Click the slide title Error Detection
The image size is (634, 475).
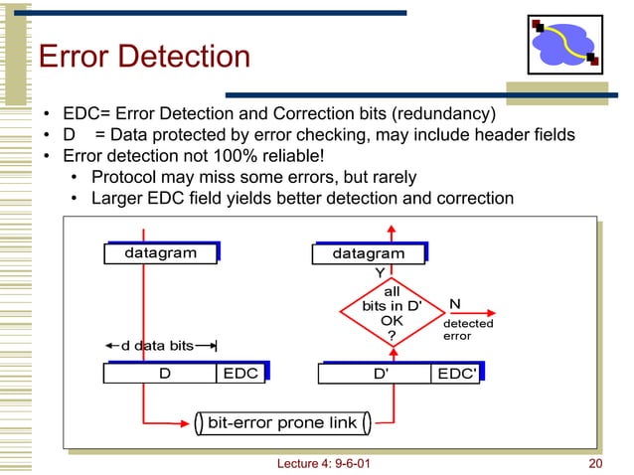(x=144, y=57)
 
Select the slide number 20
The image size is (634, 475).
(x=596, y=464)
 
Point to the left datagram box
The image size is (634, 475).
(x=160, y=253)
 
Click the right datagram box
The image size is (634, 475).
(x=369, y=253)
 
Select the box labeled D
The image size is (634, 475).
(x=160, y=374)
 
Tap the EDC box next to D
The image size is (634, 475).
(x=241, y=374)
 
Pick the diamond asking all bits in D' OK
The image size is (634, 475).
(x=392, y=312)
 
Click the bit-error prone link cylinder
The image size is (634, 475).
(x=282, y=423)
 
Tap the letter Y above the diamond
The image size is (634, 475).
(x=379, y=271)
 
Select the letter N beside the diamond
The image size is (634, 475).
(x=454, y=303)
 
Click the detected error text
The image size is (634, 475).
(x=467, y=330)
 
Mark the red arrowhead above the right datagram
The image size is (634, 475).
(x=392, y=231)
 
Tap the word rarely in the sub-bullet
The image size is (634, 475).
(x=392, y=177)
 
